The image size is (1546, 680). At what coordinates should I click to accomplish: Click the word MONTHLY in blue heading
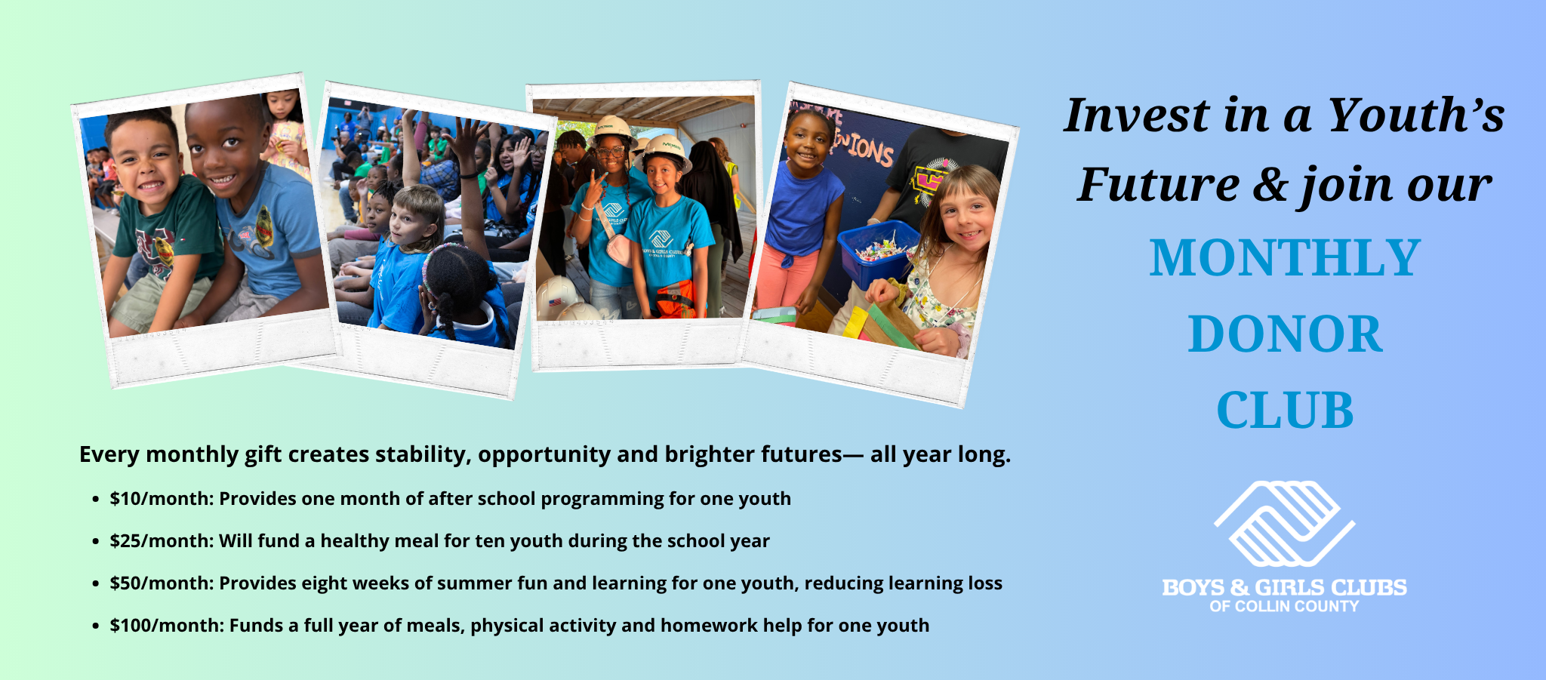[x=1285, y=258]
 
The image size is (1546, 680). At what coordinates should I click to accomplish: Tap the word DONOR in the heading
[x=1285, y=334]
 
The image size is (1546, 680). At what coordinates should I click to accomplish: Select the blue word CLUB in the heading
[x=1285, y=411]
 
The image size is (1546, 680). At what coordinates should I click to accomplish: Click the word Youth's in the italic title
[x=1415, y=116]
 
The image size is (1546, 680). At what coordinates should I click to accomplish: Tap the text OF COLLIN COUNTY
[x=1284, y=606]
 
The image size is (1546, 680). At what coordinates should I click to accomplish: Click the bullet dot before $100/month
[x=95, y=626]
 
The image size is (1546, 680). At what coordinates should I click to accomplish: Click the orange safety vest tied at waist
[x=673, y=298]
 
